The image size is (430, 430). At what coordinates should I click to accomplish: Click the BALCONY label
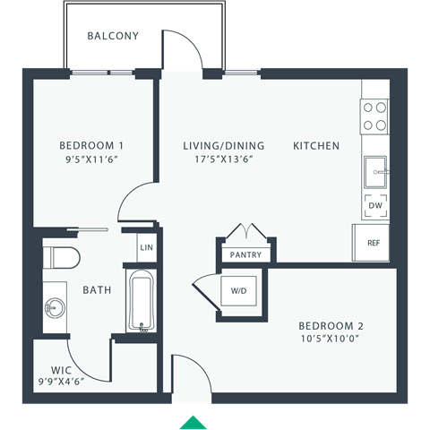pyautogui.click(x=113, y=37)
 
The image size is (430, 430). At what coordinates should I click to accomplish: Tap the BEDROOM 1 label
pyautogui.click(x=91, y=145)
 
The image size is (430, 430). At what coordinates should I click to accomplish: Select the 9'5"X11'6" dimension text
pyautogui.click(x=90, y=159)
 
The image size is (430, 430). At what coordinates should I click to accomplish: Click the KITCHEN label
pyautogui.click(x=316, y=145)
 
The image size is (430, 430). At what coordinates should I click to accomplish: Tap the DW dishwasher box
pyautogui.click(x=375, y=205)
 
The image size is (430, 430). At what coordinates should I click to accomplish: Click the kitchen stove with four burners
pyautogui.click(x=375, y=115)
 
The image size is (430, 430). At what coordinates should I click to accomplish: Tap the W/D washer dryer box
pyautogui.click(x=241, y=290)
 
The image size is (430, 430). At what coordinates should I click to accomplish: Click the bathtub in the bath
pyautogui.click(x=142, y=300)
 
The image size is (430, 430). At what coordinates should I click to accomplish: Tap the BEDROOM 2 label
pyautogui.click(x=331, y=326)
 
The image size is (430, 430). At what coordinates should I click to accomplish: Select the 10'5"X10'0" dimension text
pyautogui.click(x=331, y=340)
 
